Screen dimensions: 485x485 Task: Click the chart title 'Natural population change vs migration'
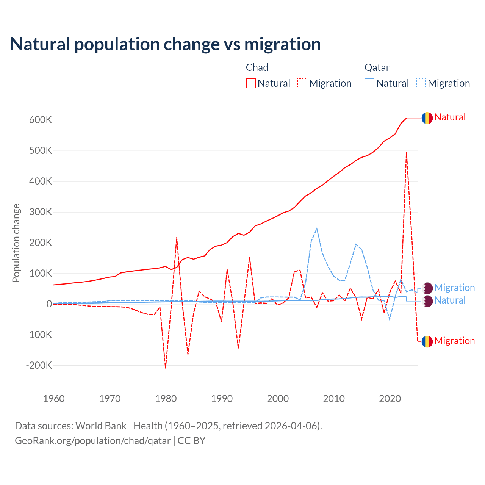click(165, 44)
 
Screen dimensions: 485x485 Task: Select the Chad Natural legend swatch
click(251, 83)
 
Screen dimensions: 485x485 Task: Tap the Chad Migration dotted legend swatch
click(302, 83)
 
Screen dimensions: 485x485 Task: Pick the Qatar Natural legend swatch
click(369, 83)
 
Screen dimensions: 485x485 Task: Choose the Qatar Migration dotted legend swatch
click(421, 83)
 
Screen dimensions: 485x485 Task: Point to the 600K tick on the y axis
click(41, 120)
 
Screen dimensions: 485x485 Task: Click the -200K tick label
click(39, 366)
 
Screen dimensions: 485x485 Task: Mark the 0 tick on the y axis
click(49, 304)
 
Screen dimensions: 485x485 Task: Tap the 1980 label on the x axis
click(166, 399)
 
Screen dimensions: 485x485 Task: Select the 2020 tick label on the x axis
click(390, 399)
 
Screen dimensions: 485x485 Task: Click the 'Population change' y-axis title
click(16, 243)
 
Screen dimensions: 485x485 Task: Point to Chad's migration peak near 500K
click(407, 152)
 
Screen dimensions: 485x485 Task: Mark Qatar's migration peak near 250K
click(317, 228)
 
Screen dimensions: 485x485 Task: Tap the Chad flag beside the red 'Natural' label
click(427, 118)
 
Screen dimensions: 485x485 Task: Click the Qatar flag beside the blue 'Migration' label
click(427, 288)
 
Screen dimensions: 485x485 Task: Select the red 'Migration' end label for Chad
click(454, 341)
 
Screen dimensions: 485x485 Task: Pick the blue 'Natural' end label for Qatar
click(450, 300)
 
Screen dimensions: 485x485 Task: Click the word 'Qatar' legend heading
click(377, 67)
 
